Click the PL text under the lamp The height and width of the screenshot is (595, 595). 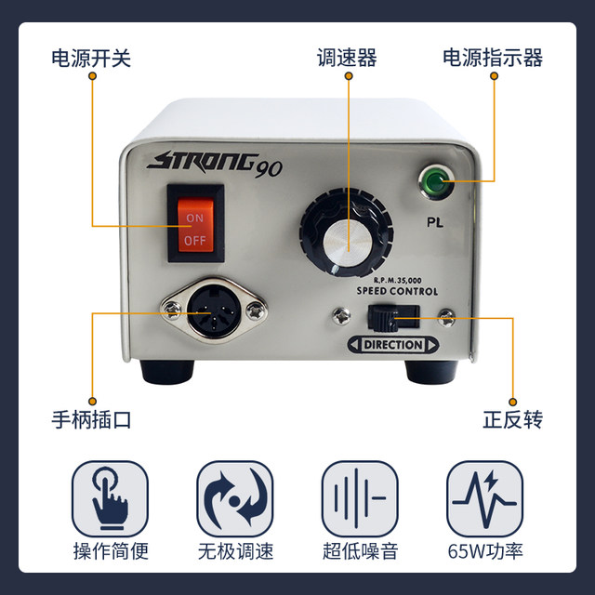coord(436,222)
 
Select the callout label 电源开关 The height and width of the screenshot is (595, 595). coord(91,59)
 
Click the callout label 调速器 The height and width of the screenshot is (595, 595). coord(347,59)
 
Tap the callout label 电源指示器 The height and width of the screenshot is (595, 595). coord(492,59)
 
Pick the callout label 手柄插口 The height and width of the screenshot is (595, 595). coord(91,419)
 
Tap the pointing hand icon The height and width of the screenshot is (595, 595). coord(110,498)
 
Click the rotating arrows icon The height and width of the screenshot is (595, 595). coord(234,498)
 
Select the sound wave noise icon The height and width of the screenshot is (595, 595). coord(360,498)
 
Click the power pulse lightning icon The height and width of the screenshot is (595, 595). coord(484,498)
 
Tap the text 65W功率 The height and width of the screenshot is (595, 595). coord(484,551)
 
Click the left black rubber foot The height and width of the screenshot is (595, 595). coord(166,371)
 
